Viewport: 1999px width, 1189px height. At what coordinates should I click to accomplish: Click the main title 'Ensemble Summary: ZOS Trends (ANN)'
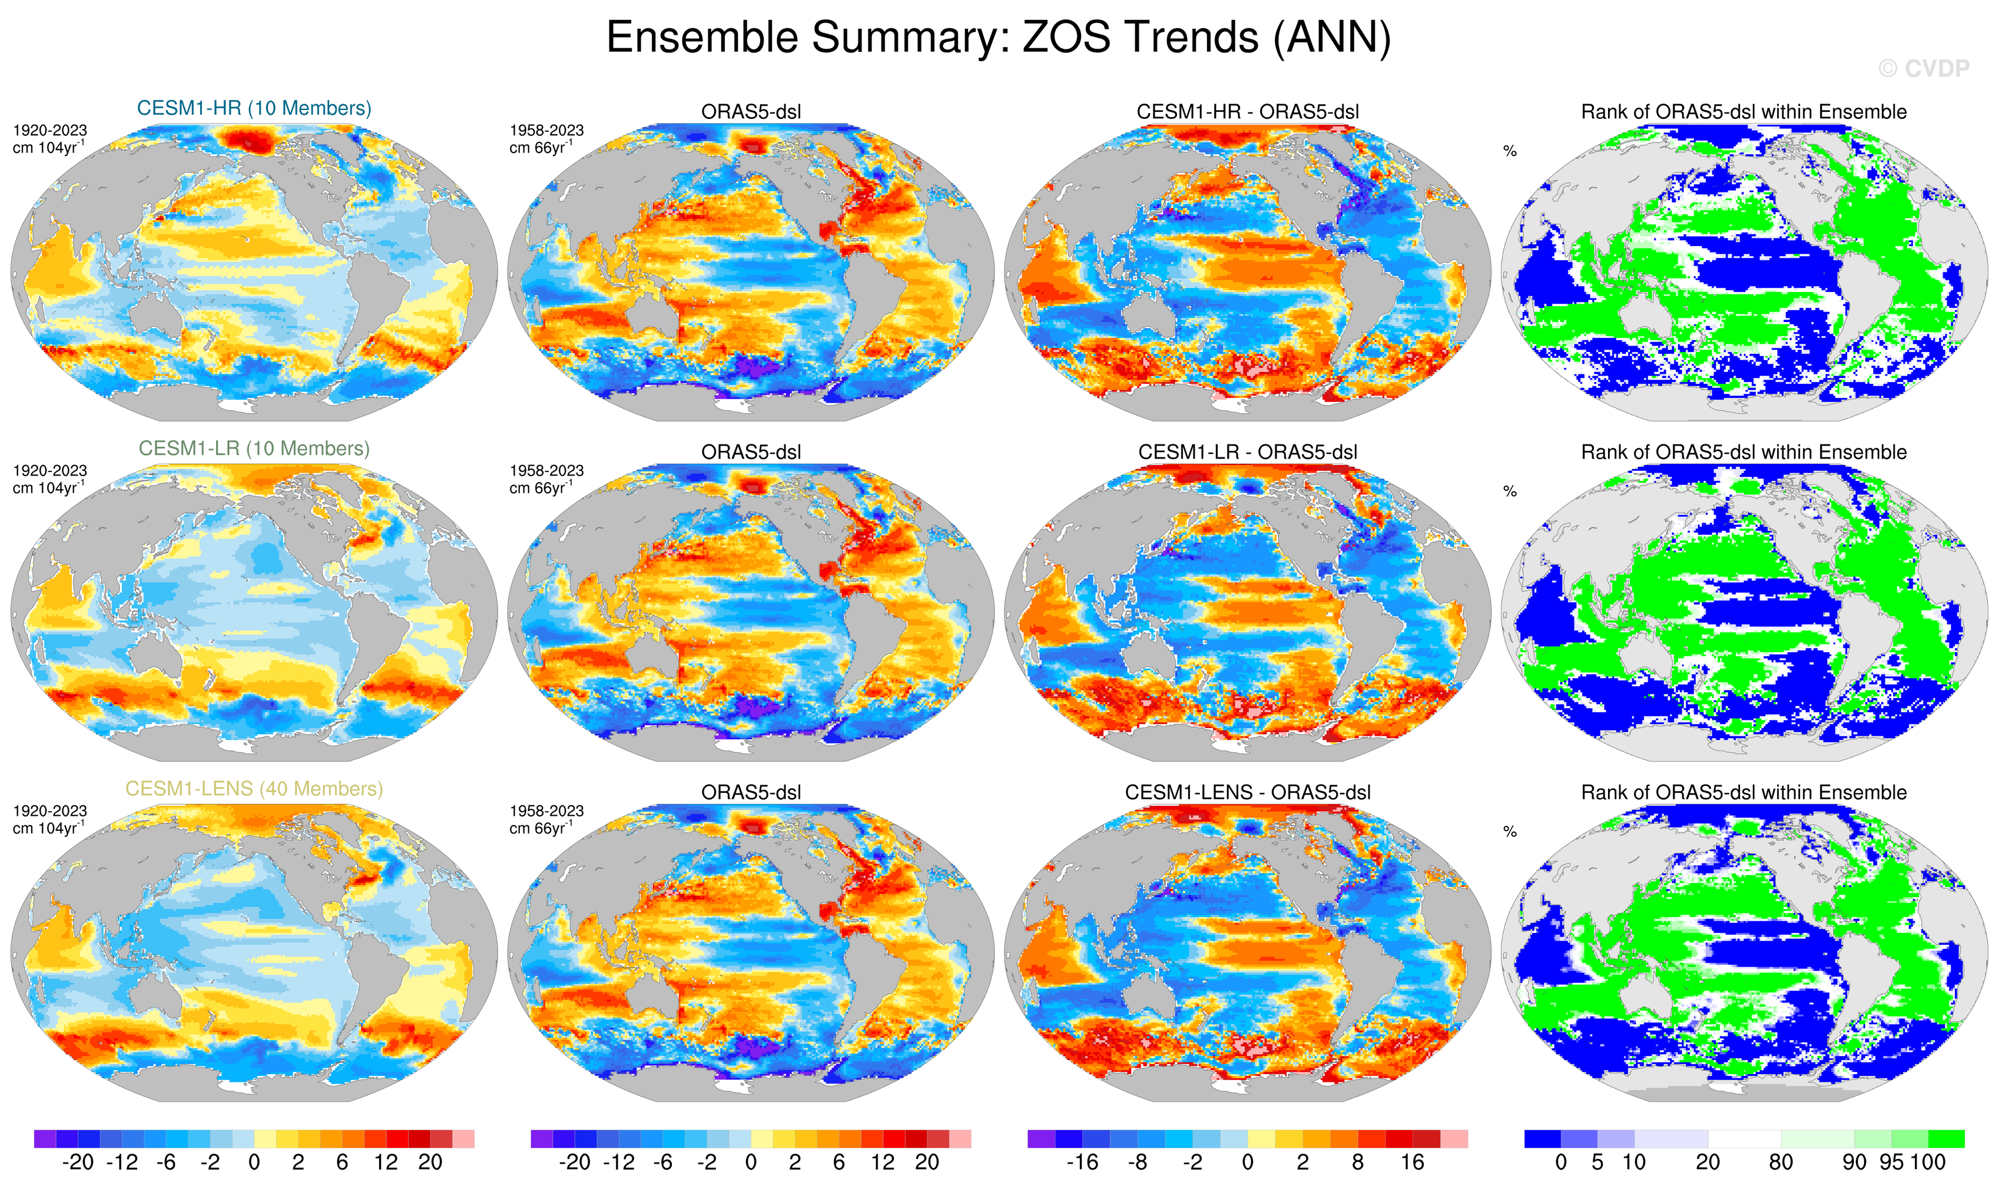click(998, 38)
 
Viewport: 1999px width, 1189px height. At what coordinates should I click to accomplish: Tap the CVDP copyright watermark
click(1923, 69)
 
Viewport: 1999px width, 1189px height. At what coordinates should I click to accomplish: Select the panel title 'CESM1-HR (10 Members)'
click(254, 108)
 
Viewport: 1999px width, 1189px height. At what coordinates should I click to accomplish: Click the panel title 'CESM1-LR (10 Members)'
click(254, 449)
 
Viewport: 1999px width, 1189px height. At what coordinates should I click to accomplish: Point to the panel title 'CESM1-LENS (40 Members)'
click(254, 789)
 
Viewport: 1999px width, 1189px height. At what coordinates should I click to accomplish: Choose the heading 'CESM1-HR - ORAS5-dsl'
click(1247, 112)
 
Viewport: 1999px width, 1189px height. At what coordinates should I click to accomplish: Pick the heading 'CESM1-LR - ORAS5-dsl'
click(1247, 453)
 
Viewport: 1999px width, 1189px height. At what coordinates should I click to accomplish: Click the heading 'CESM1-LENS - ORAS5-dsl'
click(1247, 793)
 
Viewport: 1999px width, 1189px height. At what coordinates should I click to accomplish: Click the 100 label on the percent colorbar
click(1928, 1163)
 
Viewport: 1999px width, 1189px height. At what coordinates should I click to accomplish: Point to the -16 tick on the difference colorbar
click(1082, 1163)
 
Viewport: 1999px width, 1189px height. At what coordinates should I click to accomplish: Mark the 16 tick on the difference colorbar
click(1413, 1163)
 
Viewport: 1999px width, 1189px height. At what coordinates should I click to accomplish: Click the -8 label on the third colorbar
click(1138, 1163)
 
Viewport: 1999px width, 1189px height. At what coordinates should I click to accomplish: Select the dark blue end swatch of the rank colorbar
click(1542, 1138)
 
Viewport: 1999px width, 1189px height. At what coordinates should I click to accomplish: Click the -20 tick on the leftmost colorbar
click(78, 1163)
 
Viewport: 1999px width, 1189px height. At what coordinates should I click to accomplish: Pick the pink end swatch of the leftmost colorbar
click(463, 1138)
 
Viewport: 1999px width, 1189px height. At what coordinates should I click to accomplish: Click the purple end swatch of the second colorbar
click(542, 1138)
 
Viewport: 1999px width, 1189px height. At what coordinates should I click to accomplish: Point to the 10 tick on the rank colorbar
click(1633, 1163)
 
